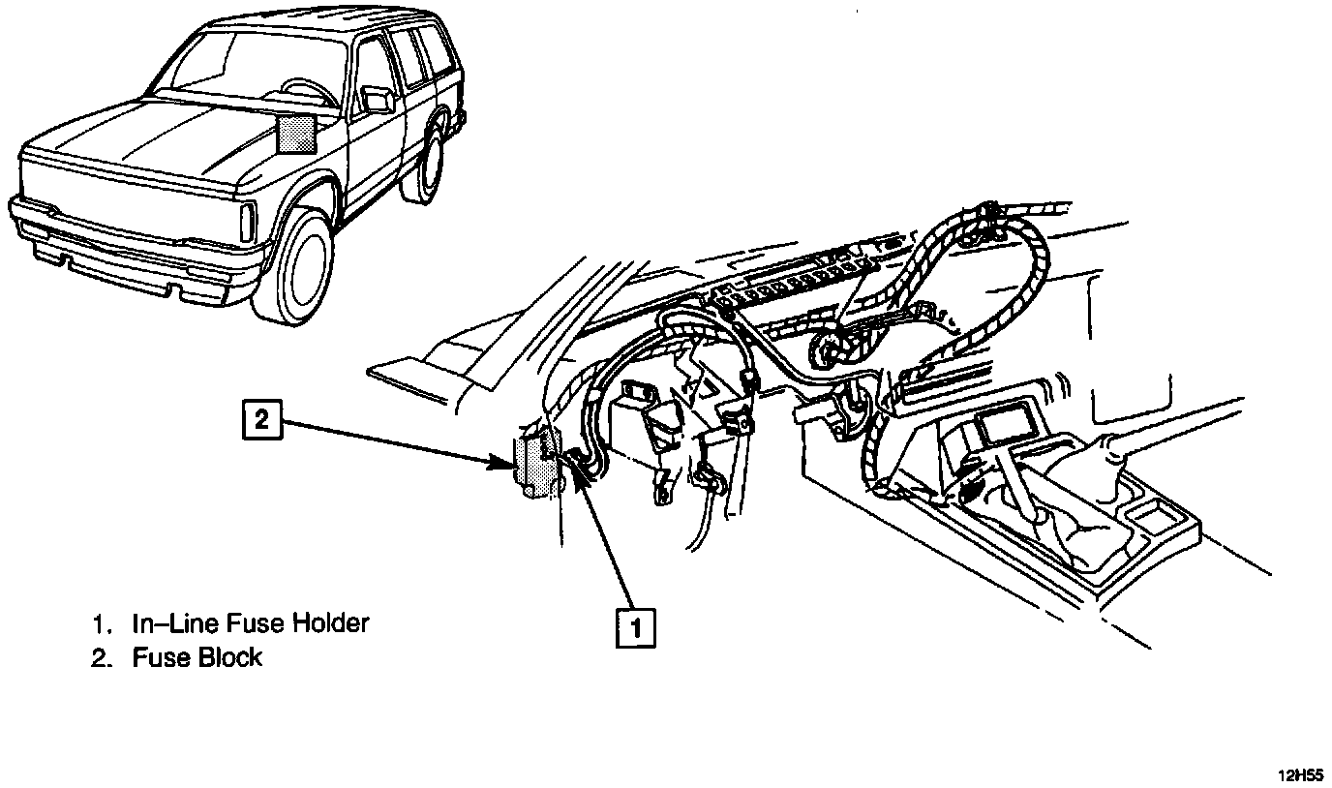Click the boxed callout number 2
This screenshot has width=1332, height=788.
point(261,421)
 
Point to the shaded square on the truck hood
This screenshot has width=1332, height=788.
point(296,133)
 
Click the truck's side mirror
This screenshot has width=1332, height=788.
point(377,99)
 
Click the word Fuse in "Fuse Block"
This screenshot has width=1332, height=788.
point(160,658)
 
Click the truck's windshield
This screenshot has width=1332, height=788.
point(242,68)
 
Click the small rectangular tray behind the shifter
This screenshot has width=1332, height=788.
point(1154,518)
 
